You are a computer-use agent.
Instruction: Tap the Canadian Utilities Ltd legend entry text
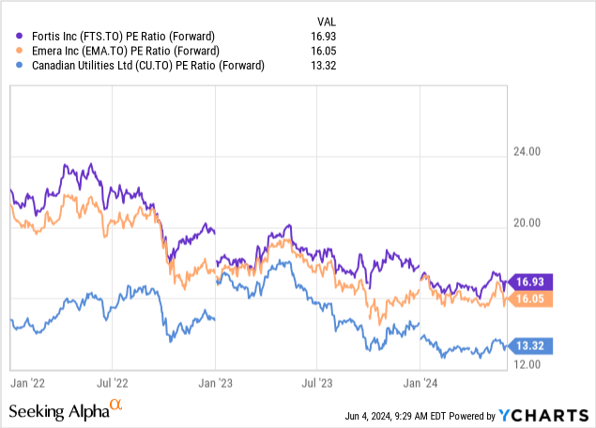[x=143, y=66]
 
